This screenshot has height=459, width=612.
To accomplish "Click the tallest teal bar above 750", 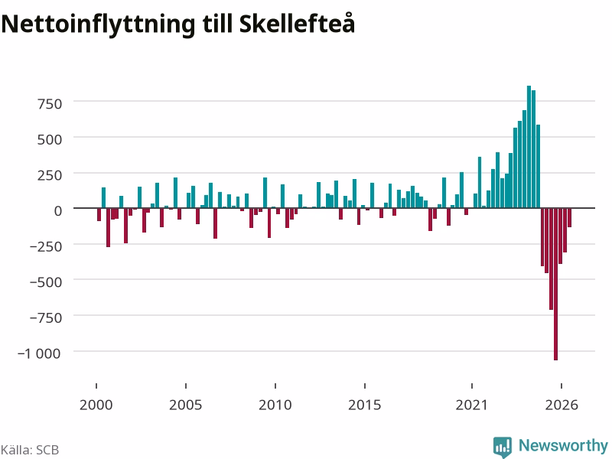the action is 529,147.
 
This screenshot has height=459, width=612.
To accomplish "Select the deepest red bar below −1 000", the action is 556,284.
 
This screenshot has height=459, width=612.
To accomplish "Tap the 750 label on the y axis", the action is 50,104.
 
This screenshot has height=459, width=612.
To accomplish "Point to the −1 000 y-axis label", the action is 40,353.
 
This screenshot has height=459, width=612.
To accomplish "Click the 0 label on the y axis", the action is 58,211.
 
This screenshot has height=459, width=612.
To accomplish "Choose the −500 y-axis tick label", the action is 46,282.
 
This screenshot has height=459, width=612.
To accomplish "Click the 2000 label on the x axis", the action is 96,405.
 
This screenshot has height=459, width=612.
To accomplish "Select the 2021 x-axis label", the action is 472,405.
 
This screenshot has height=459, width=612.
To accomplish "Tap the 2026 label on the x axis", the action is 562,405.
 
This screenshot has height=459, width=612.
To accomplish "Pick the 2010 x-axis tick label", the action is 275,405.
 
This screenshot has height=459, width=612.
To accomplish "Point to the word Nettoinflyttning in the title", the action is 98,24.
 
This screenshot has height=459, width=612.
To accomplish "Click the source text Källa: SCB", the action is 30,450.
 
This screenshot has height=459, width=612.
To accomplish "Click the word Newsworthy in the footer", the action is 563,445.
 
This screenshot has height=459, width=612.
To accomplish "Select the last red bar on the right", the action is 569,217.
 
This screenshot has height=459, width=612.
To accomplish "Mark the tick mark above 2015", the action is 365,386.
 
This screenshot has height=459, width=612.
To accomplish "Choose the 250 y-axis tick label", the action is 50,176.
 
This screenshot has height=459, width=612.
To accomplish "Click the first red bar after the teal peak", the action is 542,237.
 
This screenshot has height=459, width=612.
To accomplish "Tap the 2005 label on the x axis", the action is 186,405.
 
